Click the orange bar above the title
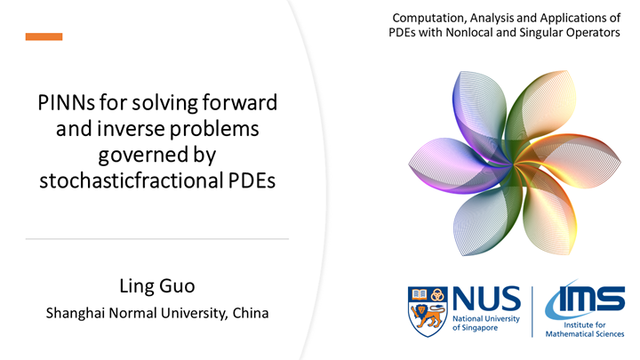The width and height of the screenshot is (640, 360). click(44, 36)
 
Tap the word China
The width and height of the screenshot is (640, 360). click(250, 313)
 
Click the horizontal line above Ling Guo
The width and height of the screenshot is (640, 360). click(156, 239)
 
